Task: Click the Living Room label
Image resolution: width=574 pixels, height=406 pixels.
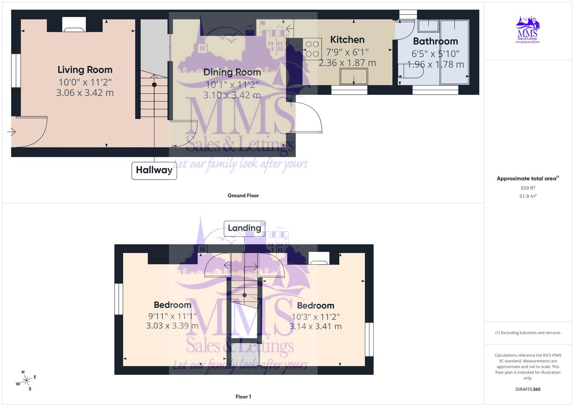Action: [85, 70]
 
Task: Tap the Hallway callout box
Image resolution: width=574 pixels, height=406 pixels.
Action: [154, 170]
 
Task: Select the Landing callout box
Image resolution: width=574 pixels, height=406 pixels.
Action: [244, 228]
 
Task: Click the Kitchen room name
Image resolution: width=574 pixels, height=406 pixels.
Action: [347, 39]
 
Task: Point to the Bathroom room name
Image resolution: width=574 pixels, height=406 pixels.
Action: [435, 41]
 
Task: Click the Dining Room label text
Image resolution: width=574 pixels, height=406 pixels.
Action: [232, 72]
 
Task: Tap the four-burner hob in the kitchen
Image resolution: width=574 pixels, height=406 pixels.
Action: [312, 49]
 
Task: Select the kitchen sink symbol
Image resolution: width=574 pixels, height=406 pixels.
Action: [354, 77]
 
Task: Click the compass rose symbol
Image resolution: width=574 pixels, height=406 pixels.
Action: [26, 380]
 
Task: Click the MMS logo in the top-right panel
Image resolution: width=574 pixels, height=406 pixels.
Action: [527, 30]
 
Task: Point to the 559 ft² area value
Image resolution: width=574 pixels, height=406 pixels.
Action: [528, 188]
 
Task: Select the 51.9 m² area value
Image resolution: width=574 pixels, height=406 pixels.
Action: [528, 196]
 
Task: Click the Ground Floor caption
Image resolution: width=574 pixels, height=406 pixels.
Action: [243, 195]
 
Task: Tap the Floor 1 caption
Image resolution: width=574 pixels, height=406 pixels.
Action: [243, 397]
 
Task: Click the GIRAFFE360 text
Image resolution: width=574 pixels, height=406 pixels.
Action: [528, 389]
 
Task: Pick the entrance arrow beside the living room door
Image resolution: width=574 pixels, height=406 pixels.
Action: [11, 132]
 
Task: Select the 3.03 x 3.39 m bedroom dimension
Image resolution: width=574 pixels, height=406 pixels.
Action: [172, 326]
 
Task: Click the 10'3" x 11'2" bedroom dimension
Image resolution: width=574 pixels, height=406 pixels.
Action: [315, 317]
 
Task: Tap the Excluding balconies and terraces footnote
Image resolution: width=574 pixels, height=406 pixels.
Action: [528, 333]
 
